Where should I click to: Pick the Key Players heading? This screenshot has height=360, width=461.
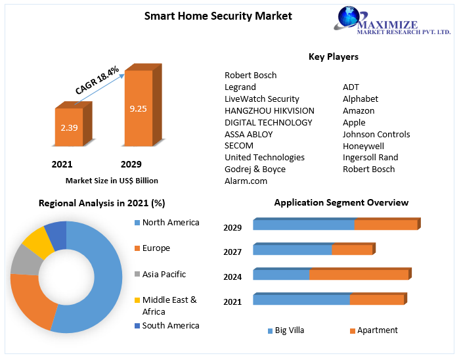coord(334,56)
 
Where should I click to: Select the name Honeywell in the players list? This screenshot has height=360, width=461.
coord(363,146)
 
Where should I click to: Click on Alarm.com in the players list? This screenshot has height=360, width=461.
coord(246,181)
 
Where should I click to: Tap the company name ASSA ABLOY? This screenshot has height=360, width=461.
coord(248,134)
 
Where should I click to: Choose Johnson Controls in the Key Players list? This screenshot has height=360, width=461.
coord(376,134)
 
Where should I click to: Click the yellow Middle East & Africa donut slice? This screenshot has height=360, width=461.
coord(38,242)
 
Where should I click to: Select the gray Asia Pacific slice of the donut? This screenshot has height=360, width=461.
coord(26,259)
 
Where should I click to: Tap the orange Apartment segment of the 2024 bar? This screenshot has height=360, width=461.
coord(359,275)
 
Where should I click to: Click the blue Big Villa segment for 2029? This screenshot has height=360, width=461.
coord(303,225)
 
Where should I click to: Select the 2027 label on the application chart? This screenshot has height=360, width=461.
coord(232,252)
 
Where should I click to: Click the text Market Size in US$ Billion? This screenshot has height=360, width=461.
coord(112,180)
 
